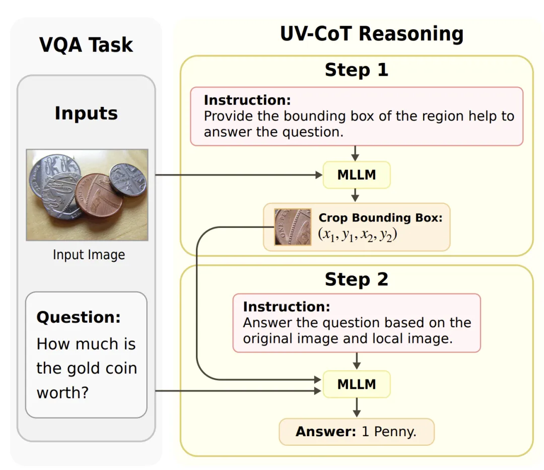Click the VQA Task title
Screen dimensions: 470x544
86,45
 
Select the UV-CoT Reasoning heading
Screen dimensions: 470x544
372,34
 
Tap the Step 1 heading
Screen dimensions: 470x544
356,70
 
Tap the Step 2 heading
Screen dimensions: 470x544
356,279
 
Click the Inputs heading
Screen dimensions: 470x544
86,113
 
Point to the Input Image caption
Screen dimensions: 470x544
89,255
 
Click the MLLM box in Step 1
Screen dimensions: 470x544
356,175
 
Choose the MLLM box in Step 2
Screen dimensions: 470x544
356,384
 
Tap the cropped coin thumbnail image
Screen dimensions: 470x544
293,227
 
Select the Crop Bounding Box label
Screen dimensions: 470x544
380,218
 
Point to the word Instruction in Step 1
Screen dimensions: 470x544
247,100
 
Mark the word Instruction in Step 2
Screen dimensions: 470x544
286,307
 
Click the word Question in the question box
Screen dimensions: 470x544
79,317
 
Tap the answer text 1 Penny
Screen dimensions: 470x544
389,432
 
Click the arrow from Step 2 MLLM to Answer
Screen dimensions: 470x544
356,407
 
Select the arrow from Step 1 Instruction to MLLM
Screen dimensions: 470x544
356,153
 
